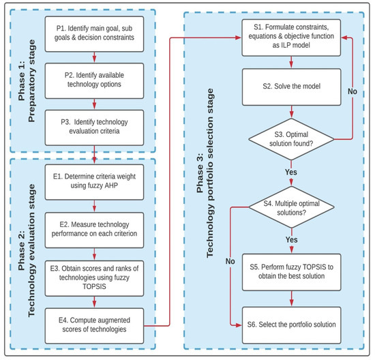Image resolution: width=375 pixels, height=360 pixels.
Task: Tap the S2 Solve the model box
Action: [292, 87]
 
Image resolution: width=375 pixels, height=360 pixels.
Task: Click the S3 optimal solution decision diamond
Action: [292, 139]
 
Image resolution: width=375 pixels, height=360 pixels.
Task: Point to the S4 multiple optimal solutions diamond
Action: [292, 207]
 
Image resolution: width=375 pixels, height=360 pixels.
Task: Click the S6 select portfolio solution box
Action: [292, 324]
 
